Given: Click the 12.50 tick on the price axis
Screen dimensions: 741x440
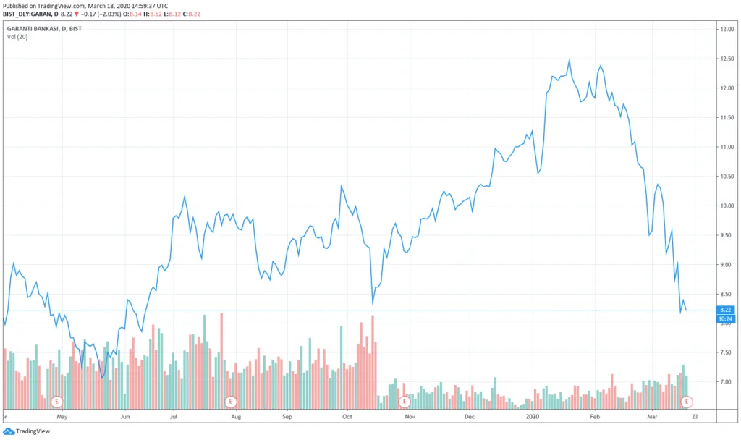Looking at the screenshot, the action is (x=727, y=59).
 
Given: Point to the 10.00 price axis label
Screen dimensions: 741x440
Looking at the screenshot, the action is (x=727, y=206).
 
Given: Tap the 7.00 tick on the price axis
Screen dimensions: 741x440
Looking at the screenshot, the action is (x=727, y=382).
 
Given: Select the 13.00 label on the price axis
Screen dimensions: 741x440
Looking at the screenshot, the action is (x=727, y=29).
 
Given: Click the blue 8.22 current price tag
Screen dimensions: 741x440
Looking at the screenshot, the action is (x=725, y=310).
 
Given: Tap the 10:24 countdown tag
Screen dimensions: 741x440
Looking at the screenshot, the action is (x=725, y=319).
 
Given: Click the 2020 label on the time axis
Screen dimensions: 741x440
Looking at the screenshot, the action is (x=532, y=416).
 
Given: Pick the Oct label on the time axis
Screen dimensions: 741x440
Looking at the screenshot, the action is (x=347, y=416).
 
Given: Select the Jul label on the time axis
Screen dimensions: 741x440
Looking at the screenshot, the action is (x=174, y=416).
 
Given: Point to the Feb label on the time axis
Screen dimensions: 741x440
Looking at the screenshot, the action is (x=595, y=416).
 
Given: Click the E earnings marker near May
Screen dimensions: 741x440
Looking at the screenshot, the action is (x=56, y=402).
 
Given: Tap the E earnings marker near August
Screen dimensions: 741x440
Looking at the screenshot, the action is (x=231, y=402).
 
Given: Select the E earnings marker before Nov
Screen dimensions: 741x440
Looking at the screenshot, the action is (x=404, y=402).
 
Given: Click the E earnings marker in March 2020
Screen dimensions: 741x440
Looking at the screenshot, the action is (x=686, y=402).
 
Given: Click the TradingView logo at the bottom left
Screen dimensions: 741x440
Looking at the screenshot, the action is (x=27, y=431).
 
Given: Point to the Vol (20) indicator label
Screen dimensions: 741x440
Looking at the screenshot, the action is (x=17, y=37).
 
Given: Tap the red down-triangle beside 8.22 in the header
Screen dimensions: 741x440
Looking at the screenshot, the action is (x=76, y=14).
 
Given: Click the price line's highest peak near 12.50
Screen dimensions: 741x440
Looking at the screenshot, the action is (x=569, y=59).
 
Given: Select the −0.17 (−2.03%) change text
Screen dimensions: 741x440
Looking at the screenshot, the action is (x=101, y=14).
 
